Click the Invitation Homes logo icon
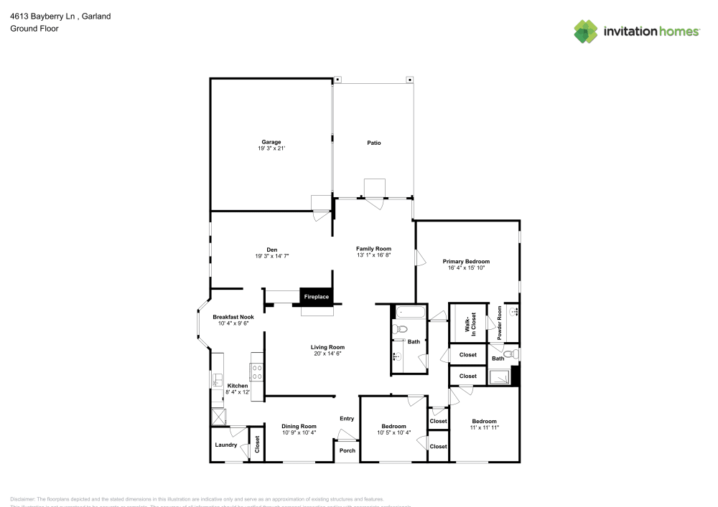586,31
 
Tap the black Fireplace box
316,296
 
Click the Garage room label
271,142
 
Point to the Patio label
373,143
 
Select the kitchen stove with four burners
256,371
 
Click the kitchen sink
216,380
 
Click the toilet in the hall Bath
401,329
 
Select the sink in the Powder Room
514,312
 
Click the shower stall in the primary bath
499,377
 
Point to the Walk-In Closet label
472,323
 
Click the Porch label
347,451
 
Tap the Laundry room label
225,445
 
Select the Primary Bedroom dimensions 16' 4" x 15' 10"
466,268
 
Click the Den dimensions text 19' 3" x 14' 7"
271,256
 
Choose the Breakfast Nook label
233,317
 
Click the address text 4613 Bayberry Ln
41,16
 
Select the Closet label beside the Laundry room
256,445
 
